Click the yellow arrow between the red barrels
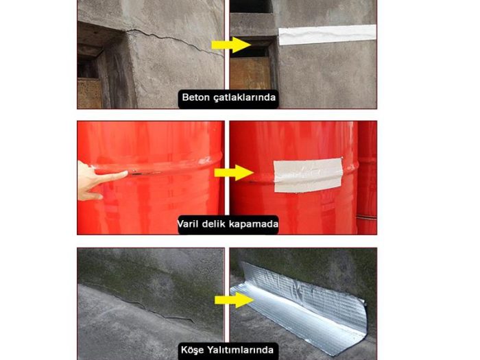pos(234,171)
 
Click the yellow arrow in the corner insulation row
pos(234,300)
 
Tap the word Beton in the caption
pos(195,97)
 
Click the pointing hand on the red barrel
pos(96,180)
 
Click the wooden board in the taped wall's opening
pos(250,72)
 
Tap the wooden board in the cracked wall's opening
pos(88,93)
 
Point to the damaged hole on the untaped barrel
pos(141,173)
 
